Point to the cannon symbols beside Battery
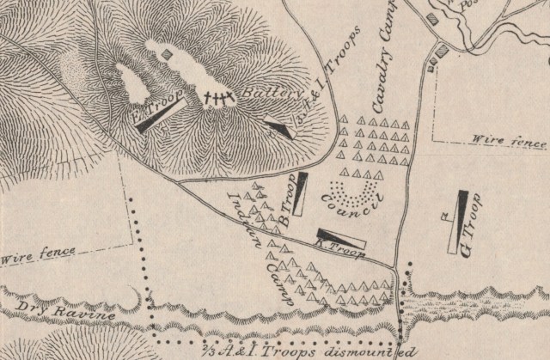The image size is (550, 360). pyautogui.click(x=219, y=99)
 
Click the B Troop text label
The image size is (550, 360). pyautogui.click(x=290, y=204)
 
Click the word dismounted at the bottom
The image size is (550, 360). pyautogui.click(x=377, y=352)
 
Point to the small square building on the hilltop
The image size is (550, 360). pyautogui.click(x=167, y=52)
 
